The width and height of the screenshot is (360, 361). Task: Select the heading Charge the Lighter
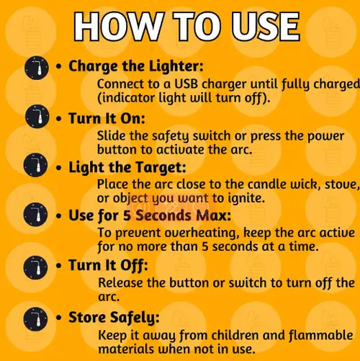[136, 66]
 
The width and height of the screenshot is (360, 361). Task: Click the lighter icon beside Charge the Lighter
[37, 68]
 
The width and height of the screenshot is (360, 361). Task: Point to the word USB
[186, 84]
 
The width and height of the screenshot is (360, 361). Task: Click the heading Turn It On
[107, 118]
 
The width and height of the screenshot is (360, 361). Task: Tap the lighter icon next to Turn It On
[37, 116]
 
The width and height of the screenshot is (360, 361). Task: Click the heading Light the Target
[127, 167]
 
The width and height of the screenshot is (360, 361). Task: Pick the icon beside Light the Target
[35, 165]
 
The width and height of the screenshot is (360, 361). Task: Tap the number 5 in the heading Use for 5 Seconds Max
[127, 215]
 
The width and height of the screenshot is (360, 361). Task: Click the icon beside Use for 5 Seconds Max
[35, 215]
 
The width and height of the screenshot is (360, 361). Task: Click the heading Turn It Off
[108, 266]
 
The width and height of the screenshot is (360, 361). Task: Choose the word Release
[121, 282]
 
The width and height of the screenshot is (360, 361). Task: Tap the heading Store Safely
[114, 318]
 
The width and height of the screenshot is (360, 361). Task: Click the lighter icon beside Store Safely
[35, 319]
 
